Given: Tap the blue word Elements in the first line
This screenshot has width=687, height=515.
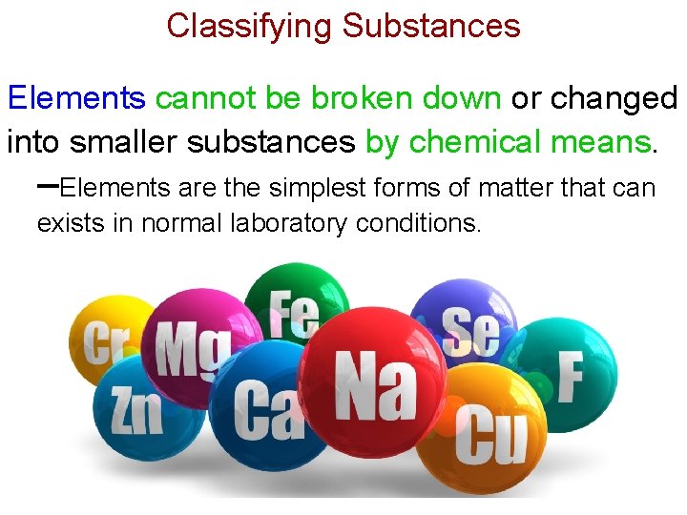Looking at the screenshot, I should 76,97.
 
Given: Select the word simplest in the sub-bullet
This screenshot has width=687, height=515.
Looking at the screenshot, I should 311,188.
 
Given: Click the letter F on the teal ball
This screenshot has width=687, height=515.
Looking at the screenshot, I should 570,377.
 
